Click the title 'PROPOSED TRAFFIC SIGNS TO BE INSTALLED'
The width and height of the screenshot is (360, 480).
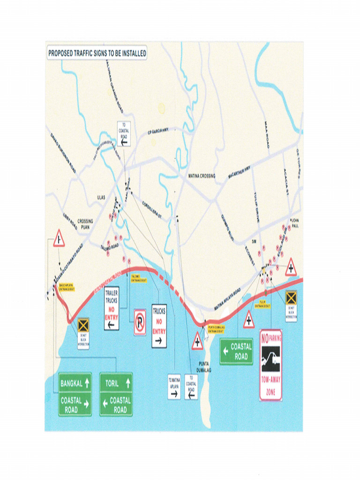click(x=97, y=53)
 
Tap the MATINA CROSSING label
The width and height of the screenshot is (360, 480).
click(x=202, y=176)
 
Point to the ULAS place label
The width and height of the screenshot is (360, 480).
click(x=101, y=198)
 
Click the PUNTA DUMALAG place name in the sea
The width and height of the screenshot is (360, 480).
click(x=205, y=367)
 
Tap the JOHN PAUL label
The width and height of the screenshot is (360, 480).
click(x=295, y=223)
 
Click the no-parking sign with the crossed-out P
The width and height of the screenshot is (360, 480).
click(x=140, y=322)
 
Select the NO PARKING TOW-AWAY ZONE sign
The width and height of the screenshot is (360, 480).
click(x=271, y=365)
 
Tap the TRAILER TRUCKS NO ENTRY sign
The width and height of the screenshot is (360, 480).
click(x=112, y=308)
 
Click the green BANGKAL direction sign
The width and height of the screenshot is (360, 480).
click(x=75, y=383)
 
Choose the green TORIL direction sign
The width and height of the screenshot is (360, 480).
click(x=116, y=383)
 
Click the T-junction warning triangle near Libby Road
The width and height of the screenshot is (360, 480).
click(x=59, y=239)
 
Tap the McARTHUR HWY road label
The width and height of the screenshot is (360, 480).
click(x=240, y=173)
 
